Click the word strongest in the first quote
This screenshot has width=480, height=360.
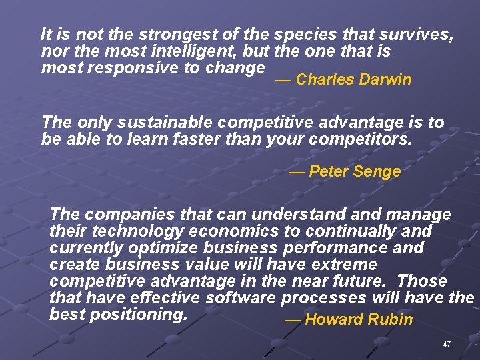(147, 35)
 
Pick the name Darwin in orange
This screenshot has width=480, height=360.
(385, 80)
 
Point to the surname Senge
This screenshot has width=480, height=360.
(377, 171)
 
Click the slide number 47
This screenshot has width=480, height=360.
(447, 345)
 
